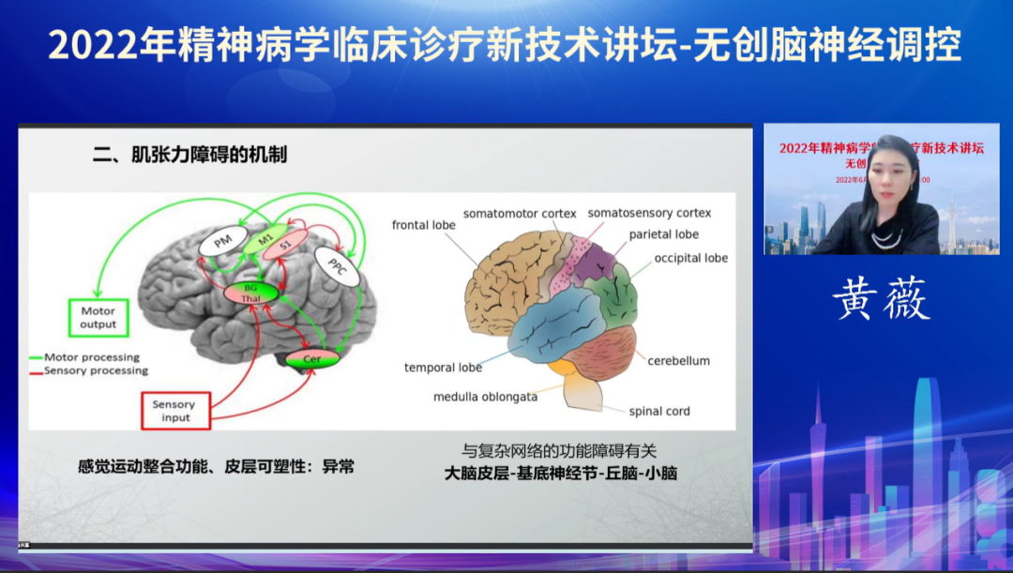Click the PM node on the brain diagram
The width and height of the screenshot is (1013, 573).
[222, 243]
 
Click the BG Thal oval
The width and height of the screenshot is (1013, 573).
[250, 293]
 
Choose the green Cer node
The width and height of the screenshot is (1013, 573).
[312, 359]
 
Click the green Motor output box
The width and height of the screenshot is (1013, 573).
[98, 318]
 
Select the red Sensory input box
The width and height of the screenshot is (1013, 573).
[175, 411]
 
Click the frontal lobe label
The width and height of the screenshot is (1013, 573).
[424, 225]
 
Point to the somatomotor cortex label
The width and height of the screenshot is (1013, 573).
[520, 214]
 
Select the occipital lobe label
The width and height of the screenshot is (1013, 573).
[691, 258]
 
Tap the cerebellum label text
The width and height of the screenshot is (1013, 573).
[678, 360]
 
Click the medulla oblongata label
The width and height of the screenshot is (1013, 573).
[485, 397]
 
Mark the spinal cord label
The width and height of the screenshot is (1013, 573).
[659, 411]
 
